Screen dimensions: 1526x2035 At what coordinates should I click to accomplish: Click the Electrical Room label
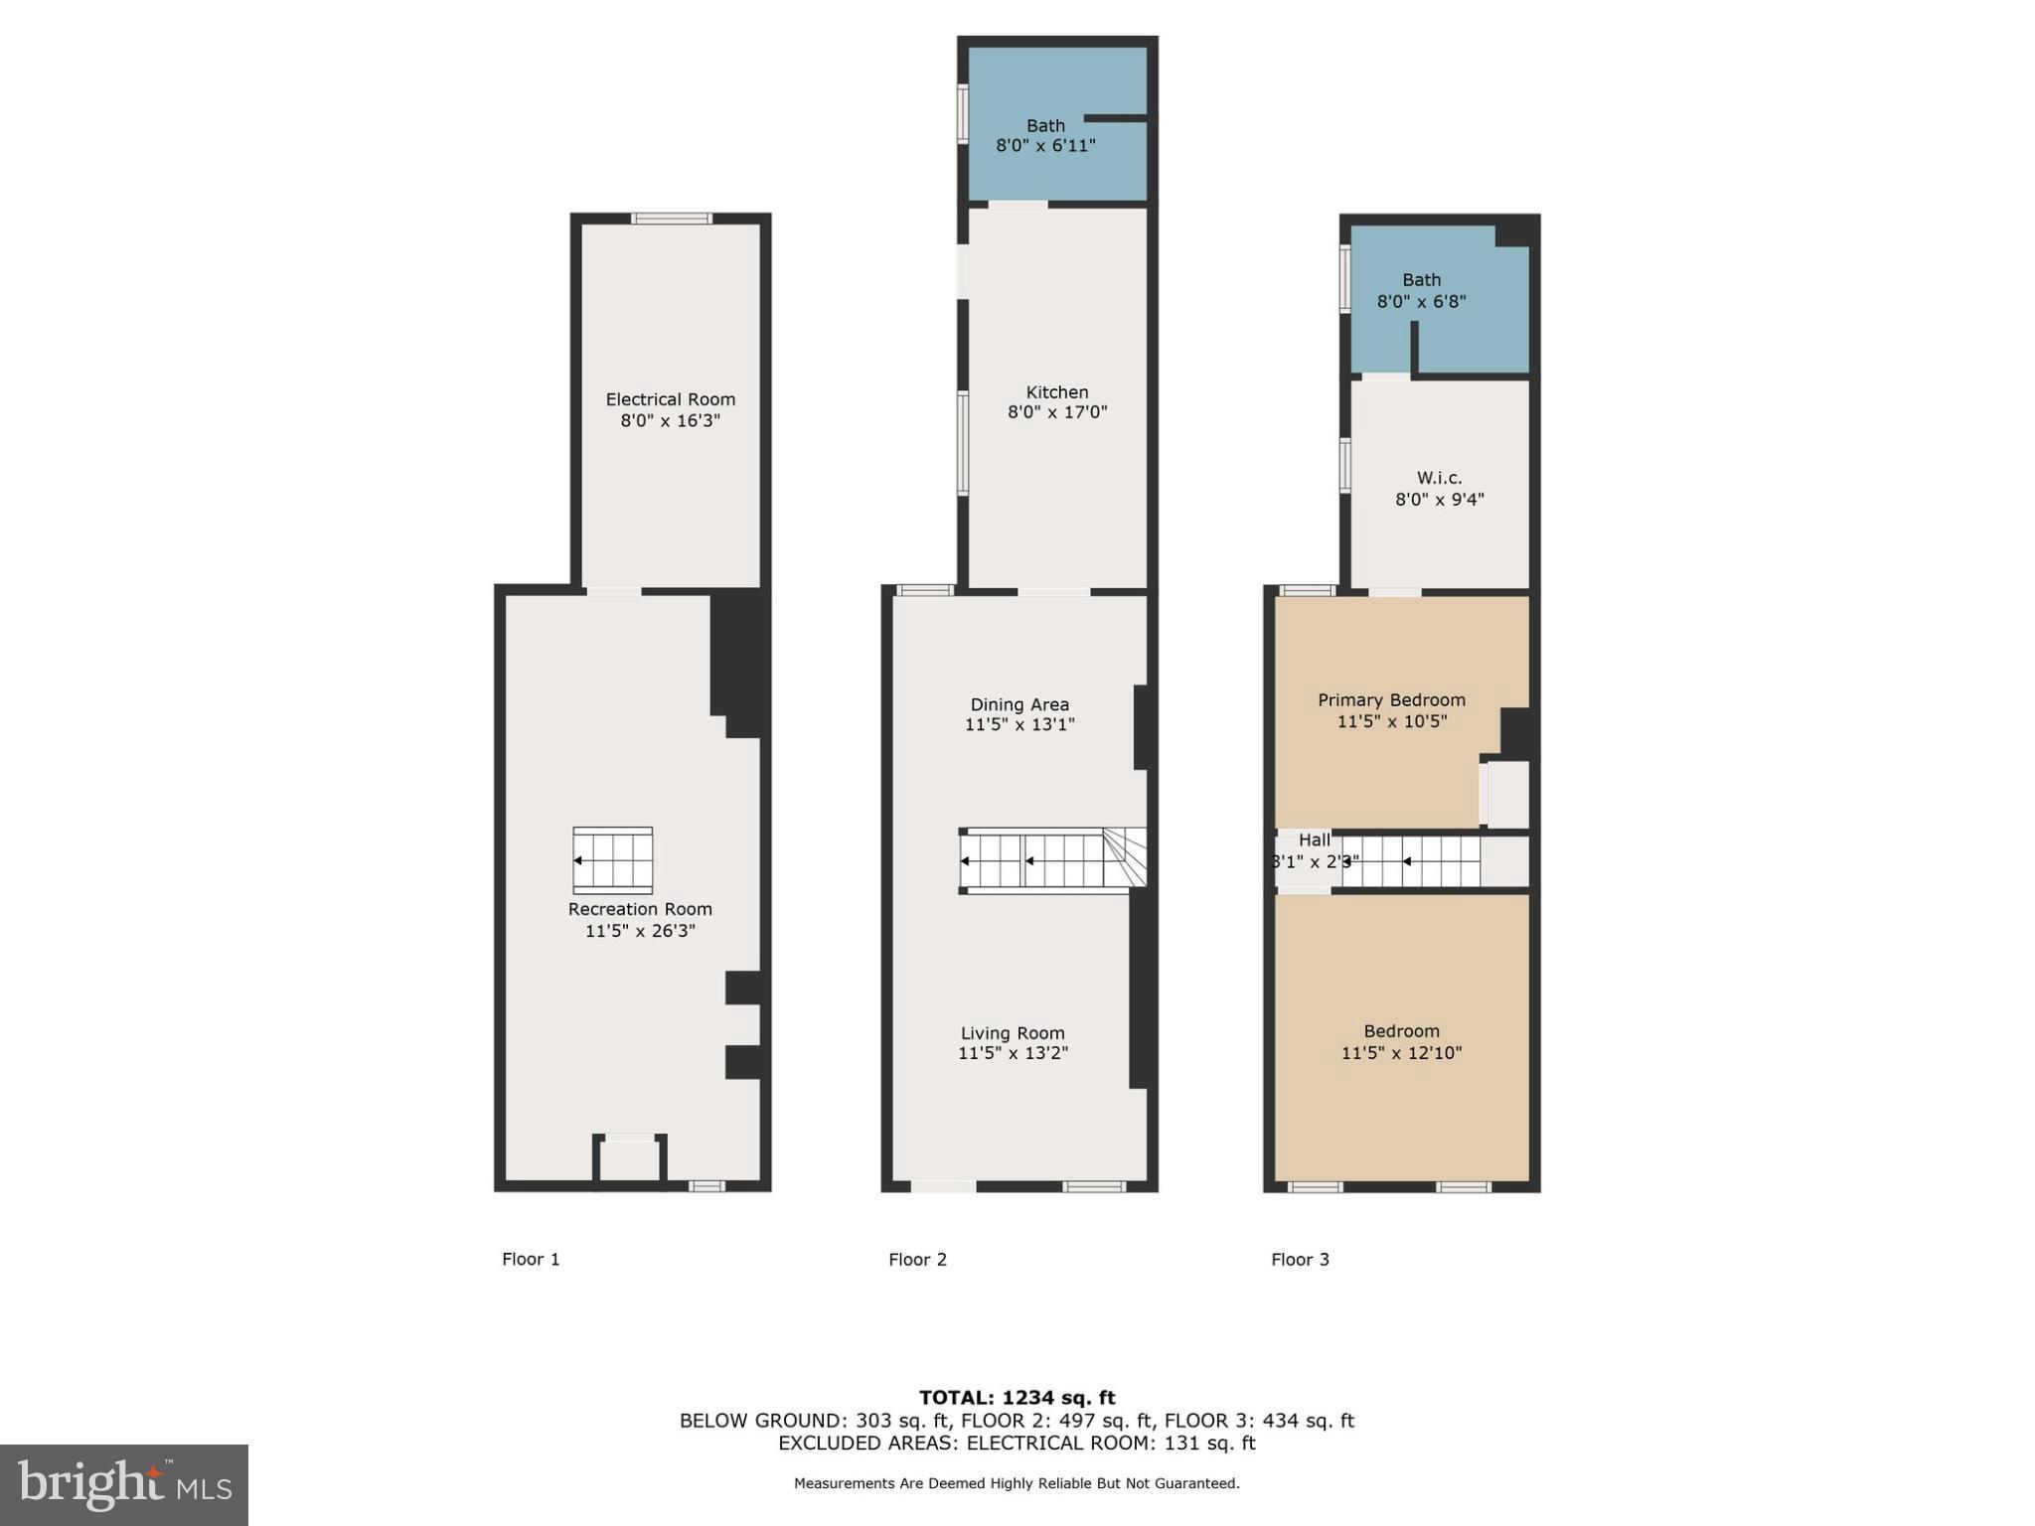[670, 399]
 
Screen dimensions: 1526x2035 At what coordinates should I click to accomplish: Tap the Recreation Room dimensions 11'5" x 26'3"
[640, 931]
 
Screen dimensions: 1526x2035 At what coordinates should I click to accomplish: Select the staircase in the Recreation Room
[612, 860]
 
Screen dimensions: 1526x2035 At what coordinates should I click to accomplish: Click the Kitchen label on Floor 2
[1057, 392]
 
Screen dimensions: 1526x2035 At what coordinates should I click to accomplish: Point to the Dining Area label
[1019, 704]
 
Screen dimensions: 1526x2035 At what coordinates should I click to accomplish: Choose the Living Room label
[1013, 1033]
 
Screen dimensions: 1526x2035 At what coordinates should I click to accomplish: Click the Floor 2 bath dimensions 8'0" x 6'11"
[1045, 146]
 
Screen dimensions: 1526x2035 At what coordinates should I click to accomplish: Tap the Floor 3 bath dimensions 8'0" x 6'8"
[1421, 301]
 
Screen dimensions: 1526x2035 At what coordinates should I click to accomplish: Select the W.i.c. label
[1439, 478]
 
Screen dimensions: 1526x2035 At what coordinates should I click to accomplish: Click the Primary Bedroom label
[1391, 699]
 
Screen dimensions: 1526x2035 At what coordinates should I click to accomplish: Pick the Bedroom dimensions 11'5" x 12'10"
[1401, 1053]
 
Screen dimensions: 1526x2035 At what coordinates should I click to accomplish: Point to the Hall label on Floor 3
[1314, 840]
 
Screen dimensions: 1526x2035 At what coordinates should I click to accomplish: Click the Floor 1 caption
[531, 1260]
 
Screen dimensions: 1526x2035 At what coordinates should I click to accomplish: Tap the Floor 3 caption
[1300, 1260]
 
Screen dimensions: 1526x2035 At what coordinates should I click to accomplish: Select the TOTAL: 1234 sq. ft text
[1017, 1398]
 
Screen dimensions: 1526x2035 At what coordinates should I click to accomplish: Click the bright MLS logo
[124, 1484]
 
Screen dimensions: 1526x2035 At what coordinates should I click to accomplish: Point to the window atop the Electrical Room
[672, 219]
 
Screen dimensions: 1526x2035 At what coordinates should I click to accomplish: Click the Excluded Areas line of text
[1017, 1443]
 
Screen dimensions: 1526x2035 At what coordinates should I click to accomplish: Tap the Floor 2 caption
[917, 1260]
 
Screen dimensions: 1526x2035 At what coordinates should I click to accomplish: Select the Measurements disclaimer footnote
[1017, 1483]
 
